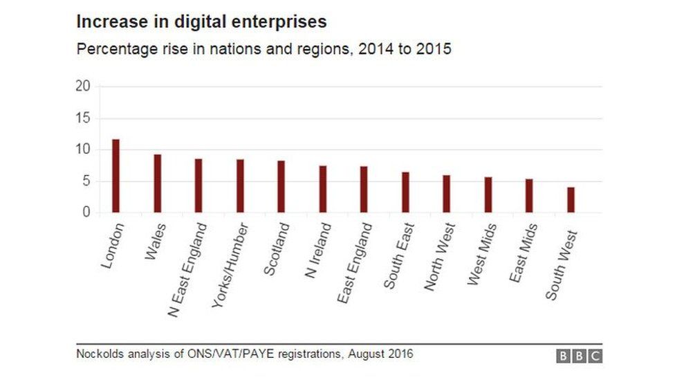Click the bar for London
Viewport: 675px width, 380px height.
coord(115,176)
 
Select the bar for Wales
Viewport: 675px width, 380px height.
coord(157,183)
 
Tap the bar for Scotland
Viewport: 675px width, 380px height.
coord(281,186)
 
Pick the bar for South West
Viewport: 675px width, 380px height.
coord(571,200)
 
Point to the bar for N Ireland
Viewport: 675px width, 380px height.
coord(322,189)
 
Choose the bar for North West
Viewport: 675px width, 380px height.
coord(447,194)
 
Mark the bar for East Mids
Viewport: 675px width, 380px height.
coord(529,196)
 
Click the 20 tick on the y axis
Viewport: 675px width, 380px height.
coord(83,87)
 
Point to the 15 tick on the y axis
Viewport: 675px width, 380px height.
coord(83,118)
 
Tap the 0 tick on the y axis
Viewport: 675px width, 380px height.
coord(86,212)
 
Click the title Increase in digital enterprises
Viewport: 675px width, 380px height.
coord(201,22)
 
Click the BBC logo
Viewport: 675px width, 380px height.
coord(579,356)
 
